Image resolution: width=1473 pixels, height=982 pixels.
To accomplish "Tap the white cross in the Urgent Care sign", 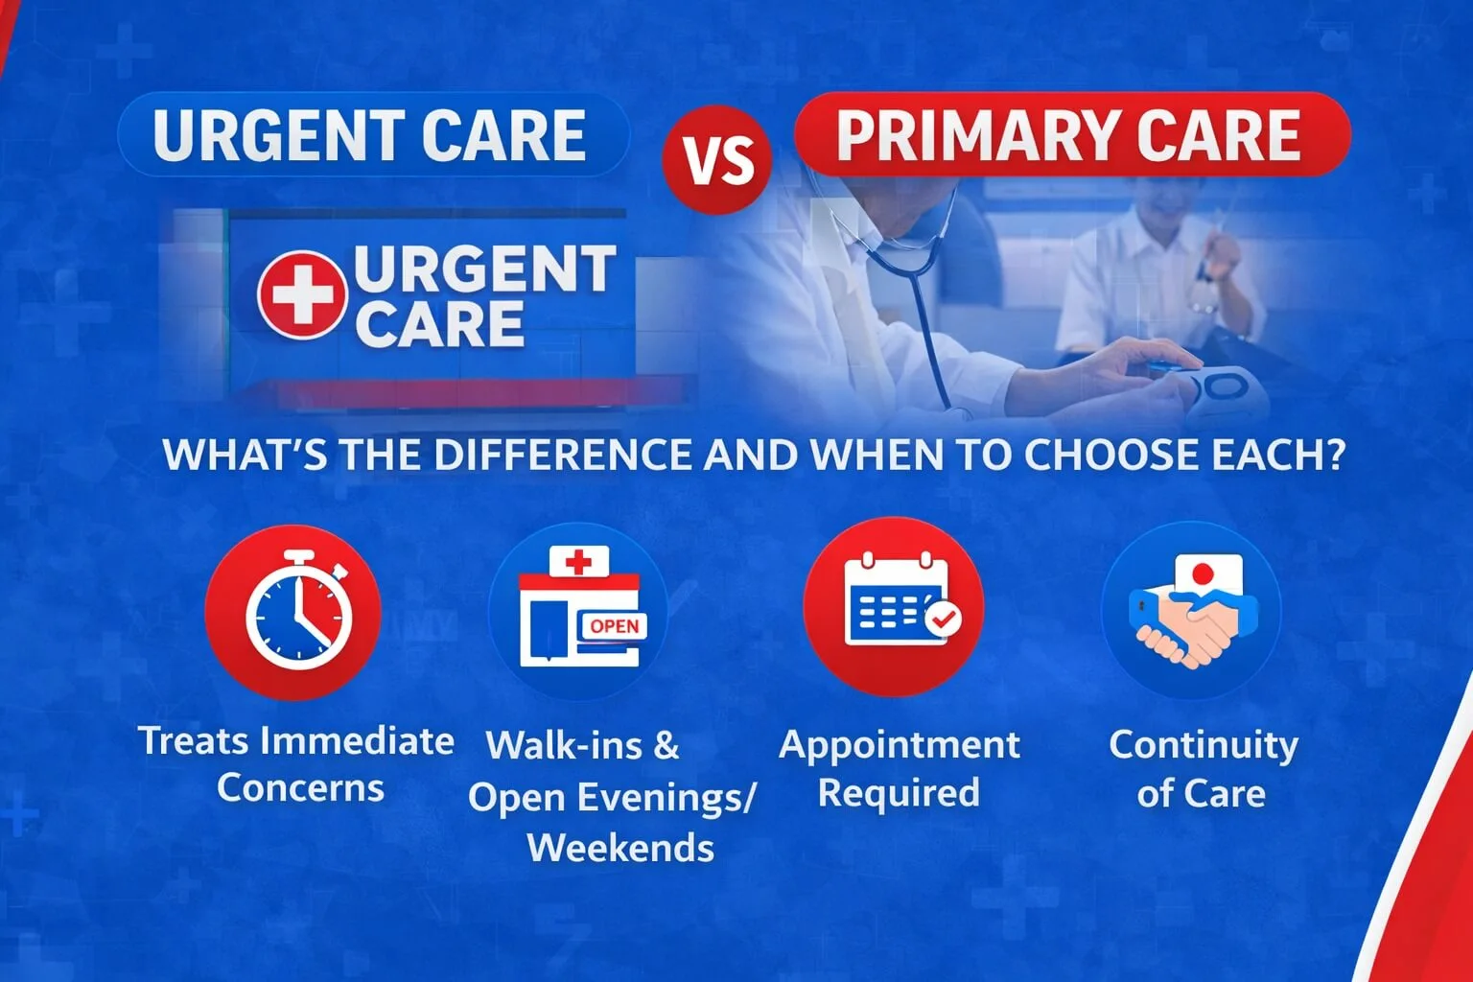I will (301, 293).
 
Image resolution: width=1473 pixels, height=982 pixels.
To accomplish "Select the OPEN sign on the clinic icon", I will (614, 626).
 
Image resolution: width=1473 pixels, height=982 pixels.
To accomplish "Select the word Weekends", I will (620, 848).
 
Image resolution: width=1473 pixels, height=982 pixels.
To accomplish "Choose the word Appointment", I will (900, 745).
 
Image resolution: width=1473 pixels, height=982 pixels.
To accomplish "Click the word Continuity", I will (1204, 745).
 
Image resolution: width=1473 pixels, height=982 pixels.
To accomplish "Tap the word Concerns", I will (300, 788).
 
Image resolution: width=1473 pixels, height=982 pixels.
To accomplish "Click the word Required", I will (899, 793).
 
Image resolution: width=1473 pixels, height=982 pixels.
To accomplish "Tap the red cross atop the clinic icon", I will (578, 562).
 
